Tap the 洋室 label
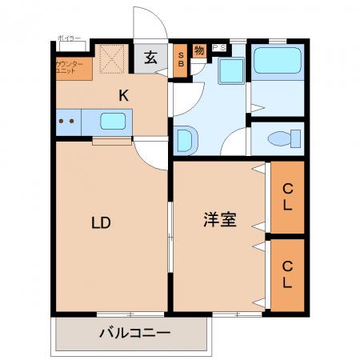click(x=218, y=220)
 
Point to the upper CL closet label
click(x=286, y=197)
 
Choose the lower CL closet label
click(x=286, y=275)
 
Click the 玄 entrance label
click(x=151, y=58)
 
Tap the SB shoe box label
click(x=181, y=59)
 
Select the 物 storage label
click(x=199, y=50)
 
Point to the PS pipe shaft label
click(x=218, y=48)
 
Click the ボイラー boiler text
click(x=70, y=38)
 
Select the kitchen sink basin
click(x=113, y=122)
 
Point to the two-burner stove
click(x=67, y=122)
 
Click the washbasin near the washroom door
click(x=184, y=141)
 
